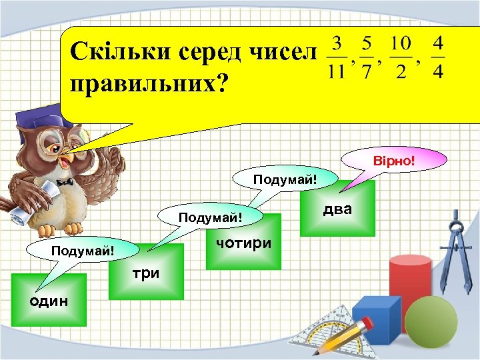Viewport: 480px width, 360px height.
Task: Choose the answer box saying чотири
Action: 243,242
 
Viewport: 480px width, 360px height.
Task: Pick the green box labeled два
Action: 337,209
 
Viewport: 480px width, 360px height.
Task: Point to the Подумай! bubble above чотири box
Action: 285,179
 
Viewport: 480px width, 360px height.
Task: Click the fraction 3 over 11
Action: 337,57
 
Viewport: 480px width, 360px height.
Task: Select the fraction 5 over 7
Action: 366,57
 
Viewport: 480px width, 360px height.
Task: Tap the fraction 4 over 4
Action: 437,57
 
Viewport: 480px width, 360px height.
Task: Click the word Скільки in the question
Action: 111,51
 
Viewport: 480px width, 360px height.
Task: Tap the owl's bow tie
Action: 65,181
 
